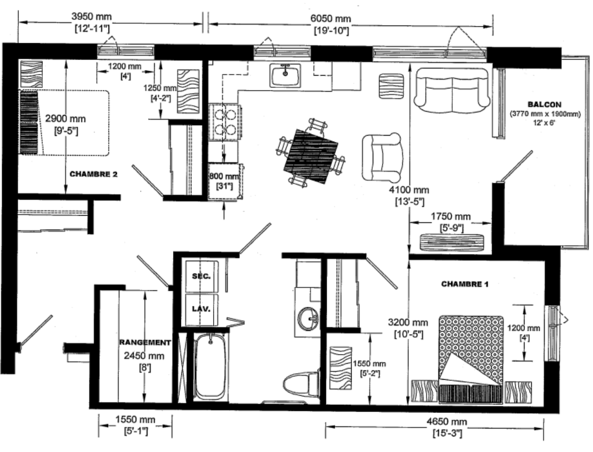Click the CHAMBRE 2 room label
click(93, 174)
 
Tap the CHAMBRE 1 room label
click(465, 284)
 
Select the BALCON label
click(545, 105)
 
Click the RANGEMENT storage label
click(145, 342)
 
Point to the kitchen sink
click(285, 75)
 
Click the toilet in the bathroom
click(302, 384)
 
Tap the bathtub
click(211, 365)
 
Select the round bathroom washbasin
click(309, 318)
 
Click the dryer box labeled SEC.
click(202, 276)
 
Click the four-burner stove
click(225, 122)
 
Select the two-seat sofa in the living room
click(452, 90)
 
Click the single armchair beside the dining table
click(382, 157)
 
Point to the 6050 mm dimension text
click(330, 18)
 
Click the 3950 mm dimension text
click(92, 17)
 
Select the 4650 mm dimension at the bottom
click(447, 421)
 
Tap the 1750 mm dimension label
click(451, 217)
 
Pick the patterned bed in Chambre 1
click(471, 359)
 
